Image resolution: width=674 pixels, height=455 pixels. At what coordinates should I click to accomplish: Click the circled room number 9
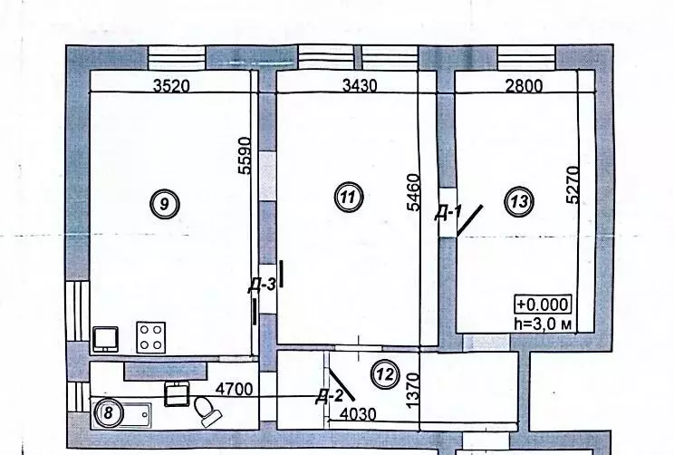point(165,204)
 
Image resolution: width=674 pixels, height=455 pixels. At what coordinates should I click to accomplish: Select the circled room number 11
point(349,198)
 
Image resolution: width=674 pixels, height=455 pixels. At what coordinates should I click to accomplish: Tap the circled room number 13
point(519,201)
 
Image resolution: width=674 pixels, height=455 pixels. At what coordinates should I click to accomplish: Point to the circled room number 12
point(385,374)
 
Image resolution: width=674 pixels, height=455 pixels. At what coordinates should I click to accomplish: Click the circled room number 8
point(109,413)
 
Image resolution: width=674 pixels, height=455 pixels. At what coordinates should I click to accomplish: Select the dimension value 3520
point(171,85)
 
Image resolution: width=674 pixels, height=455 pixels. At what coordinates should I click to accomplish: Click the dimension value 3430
point(360,85)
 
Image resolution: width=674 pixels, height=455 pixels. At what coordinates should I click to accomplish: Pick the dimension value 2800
point(524,85)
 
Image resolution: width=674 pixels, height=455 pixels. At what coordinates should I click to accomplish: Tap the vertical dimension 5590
point(244,155)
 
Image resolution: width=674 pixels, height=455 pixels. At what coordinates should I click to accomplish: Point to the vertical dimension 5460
point(413,192)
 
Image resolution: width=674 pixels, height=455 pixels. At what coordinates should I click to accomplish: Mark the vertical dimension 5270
point(573,185)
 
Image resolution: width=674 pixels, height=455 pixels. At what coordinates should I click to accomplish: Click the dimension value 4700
point(235,389)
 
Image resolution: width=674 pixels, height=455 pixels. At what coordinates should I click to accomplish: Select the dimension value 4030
point(358,413)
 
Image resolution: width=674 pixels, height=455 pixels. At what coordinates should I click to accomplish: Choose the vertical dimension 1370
point(412,391)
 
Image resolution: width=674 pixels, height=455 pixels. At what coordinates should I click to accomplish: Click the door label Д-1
point(448,213)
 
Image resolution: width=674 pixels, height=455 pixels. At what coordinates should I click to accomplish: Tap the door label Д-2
point(329,396)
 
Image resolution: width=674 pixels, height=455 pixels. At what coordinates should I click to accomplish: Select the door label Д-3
point(261,285)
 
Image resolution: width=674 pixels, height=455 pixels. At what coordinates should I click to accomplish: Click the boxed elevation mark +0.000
point(544,304)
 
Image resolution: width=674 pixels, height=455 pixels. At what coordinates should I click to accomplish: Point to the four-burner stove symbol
point(151,337)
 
